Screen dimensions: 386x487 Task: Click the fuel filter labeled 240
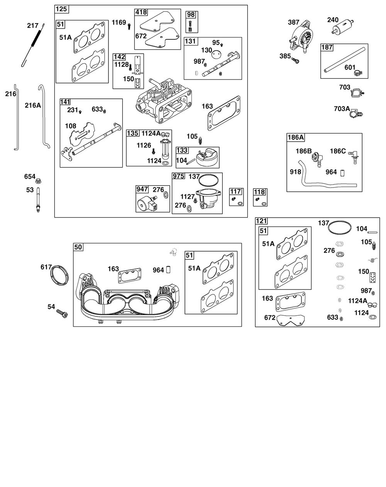(x=343, y=27)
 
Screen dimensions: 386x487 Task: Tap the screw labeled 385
(x=295, y=60)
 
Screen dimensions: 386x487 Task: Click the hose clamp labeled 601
(x=358, y=73)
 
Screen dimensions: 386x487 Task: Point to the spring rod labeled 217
(x=33, y=45)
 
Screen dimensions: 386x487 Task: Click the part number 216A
(x=33, y=105)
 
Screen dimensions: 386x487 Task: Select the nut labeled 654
(x=39, y=181)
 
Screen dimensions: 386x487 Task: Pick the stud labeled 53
(x=38, y=200)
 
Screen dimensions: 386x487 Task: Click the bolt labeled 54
(x=62, y=313)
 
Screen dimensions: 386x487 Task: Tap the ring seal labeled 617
(x=59, y=275)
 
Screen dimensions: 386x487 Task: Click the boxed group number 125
(x=61, y=9)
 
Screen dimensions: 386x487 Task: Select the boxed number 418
(x=141, y=12)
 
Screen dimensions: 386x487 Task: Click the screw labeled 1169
(x=129, y=27)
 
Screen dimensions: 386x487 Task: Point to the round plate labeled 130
(x=216, y=54)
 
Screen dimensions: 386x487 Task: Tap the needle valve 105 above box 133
(x=200, y=140)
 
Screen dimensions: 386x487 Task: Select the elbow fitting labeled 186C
(x=354, y=157)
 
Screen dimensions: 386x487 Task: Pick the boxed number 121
(x=261, y=221)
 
